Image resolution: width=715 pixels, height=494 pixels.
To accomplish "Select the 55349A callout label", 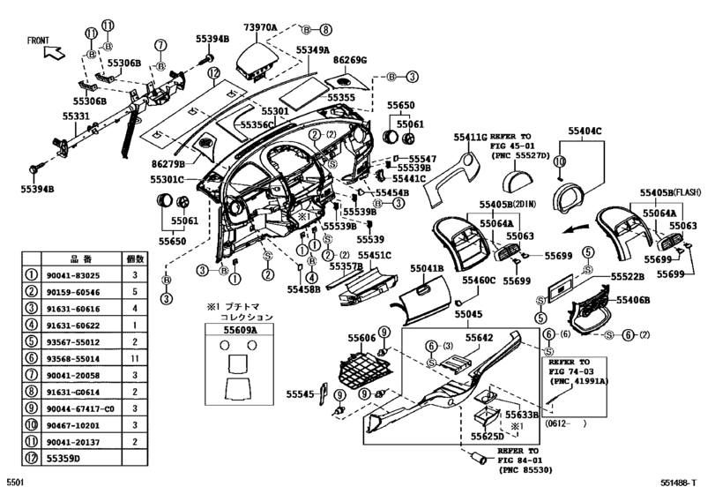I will click(312, 51).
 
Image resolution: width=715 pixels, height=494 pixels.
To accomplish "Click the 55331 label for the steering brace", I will click(75, 116).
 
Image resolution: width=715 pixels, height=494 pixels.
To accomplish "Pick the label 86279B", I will click(168, 164).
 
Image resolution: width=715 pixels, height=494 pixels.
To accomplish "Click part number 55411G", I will click(470, 137).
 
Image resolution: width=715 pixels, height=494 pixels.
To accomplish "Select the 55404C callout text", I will click(585, 131).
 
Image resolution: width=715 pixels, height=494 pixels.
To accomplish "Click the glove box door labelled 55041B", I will click(423, 287).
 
